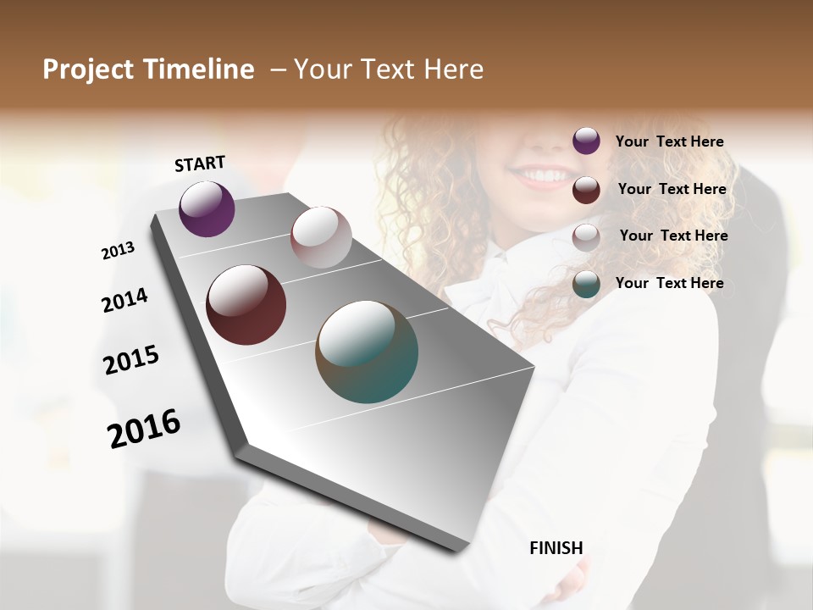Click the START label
pyautogui.click(x=200, y=164)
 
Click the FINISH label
pyautogui.click(x=556, y=548)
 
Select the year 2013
pyautogui.click(x=118, y=251)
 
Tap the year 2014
pyautogui.click(x=124, y=301)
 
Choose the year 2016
pyautogui.click(x=144, y=429)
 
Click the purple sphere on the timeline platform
pyautogui.click(x=207, y=208)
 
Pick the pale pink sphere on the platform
pyautogui.click(x=321, y=237)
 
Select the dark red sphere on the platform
pyautogui.click(x=246, y=305)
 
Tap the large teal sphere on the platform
pyautogui.click(x=367, y=352)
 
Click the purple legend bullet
pyautogui.click(x=586, y=141)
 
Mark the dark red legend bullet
pyautogui.click(x=586, y=190)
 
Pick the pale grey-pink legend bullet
pyautogui.click(x=586, y=237)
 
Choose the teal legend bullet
pyautogui.click(x=586, y=285)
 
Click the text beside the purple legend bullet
pyautogui.click(x=669, y=142)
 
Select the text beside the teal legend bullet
pyautogui.click(x=669, y=283)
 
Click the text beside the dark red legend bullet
pyautogui.click(x=672, y=189)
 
